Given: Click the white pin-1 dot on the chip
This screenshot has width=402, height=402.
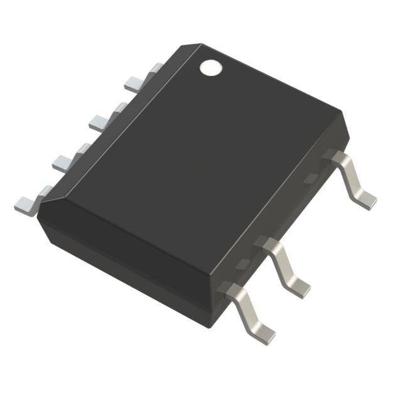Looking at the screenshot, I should point(211,67).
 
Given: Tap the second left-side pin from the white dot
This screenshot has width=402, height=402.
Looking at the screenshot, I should point(103,119).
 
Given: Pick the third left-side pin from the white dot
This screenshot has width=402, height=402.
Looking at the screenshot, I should point(67,160).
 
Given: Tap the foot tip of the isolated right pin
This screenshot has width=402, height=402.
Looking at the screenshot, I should point(367,201).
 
